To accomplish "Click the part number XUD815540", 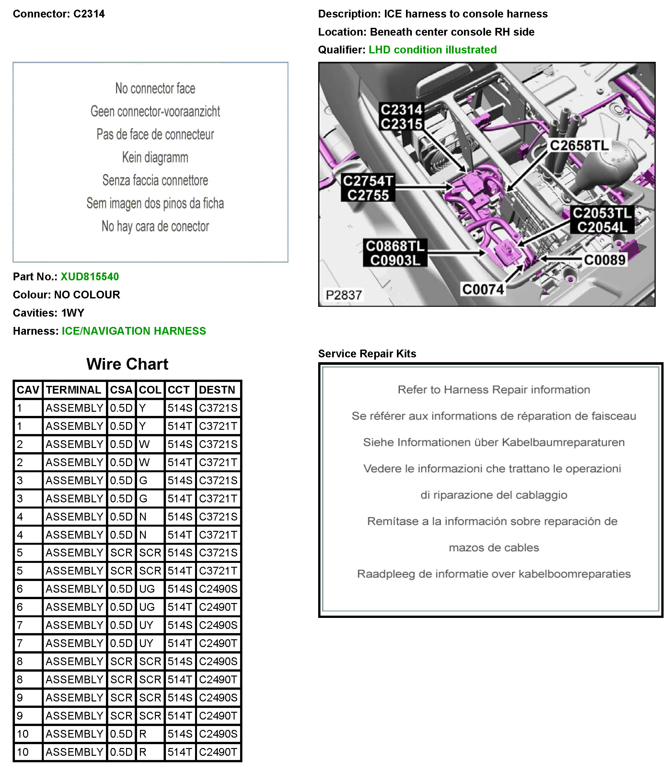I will click(x=90, y=277).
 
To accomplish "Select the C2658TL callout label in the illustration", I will click(x=579, y=145).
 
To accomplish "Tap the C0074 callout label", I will click(x=483, y=289).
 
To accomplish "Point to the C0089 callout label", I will click(x=605, y=260).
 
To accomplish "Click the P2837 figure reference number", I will click(x=343, y=295).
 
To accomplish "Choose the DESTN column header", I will click(x=217, y=390).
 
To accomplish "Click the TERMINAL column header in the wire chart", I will click(x=74, y=390).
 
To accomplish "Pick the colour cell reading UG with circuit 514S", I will click(x=147, y=589).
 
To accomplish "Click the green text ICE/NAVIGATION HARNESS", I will click(x=134, y=331).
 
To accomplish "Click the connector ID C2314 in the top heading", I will click(x=89, y=14).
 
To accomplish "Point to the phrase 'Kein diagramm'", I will click(x=155, y=157).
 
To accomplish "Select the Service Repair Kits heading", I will click(x=367, y=354).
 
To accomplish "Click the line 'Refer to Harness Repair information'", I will click(x=493, y=390).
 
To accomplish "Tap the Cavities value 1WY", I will click(x=73, y=313).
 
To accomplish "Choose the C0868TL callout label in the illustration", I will click(x=395, y=246).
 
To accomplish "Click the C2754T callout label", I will click(x=367, y=181).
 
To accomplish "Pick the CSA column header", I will click(x=121, y=390).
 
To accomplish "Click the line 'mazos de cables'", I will click(x=493, y=548).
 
